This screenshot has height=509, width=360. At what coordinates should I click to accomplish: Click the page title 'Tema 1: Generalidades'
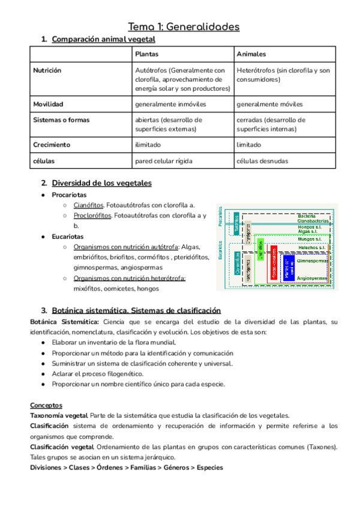click(x=184, y=26)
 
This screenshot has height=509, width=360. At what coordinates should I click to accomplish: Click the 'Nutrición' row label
click(x=48, y=71)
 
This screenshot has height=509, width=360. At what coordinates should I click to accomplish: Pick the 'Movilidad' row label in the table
click(x=48, y=104)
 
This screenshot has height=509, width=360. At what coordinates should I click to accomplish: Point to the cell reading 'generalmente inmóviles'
click(x=170, y=104)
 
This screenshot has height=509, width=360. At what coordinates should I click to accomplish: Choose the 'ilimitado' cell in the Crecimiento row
click(x=149, y=145)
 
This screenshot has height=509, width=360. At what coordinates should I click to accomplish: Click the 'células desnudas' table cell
click(x=262, y=161)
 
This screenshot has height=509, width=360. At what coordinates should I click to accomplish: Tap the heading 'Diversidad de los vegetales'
click(x=101, y=182)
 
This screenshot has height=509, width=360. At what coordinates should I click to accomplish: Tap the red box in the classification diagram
click(x=274, y=263)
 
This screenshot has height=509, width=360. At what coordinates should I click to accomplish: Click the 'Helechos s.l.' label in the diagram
click(x=311, y=247)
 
